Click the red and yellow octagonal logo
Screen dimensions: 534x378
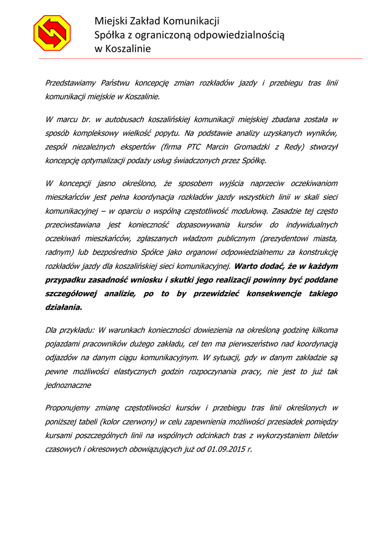[52, 33]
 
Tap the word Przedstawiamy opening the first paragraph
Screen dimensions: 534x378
[70, 83]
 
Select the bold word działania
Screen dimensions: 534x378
[64, 307]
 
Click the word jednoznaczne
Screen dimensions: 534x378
[68, 385]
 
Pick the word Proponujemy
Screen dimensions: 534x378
[69, 407]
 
